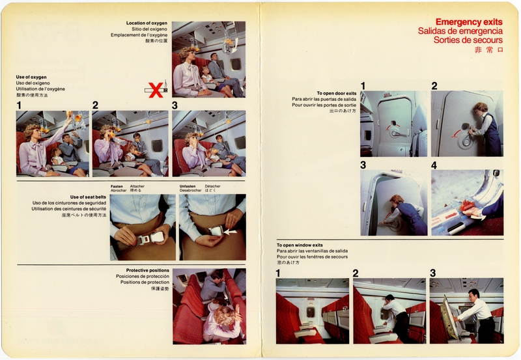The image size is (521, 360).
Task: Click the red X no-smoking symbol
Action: point(156,90)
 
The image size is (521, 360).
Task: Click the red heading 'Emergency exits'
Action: point(468,21)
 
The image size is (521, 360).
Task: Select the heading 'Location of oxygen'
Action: point(147,23)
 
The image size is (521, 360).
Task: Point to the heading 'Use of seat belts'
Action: point(88,196)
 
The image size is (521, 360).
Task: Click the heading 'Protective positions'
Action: point(148,270)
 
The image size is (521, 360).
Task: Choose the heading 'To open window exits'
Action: point(300,245)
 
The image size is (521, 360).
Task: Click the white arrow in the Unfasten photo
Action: point(229,231)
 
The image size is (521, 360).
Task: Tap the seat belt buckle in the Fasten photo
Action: point(142,238)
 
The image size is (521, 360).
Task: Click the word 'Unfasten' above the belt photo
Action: point(188,186)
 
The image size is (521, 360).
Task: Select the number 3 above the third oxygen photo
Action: point(175,105)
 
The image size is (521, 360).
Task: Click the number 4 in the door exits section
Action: point(434,165)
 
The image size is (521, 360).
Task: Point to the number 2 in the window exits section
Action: point(356,273)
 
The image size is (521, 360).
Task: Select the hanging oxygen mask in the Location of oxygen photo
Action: point(229,42)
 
